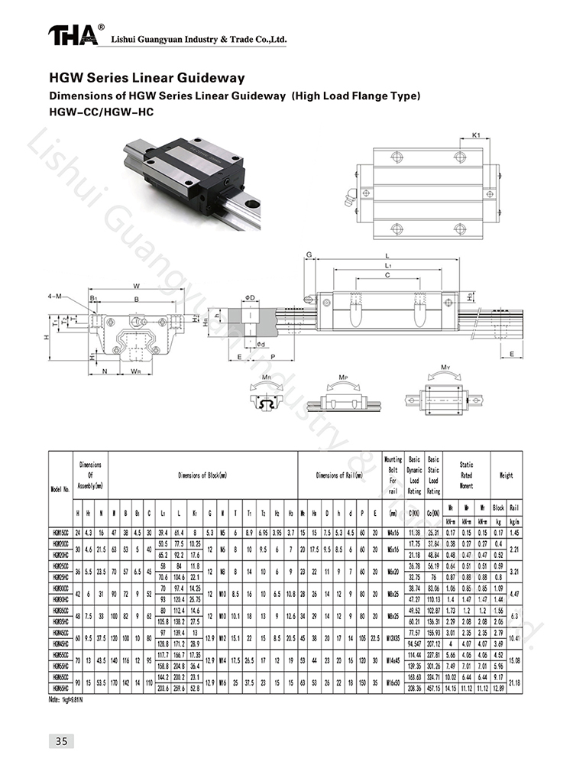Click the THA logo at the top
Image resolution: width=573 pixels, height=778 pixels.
(74, 35)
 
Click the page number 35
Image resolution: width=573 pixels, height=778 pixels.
(60, 741)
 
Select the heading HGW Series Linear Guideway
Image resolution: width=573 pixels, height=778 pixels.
(147, 78)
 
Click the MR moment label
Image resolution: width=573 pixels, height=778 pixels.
(265, 378)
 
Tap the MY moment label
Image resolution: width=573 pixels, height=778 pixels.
(445, 368)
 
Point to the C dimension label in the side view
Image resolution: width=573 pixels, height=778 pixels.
(388, 274)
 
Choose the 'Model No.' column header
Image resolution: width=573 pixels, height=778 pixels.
(60, 489)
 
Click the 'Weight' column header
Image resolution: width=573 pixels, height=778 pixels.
(507, 475)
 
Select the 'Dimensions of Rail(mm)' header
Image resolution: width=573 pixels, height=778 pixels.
(340, 475)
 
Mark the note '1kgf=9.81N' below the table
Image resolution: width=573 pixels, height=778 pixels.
(66, 699)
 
